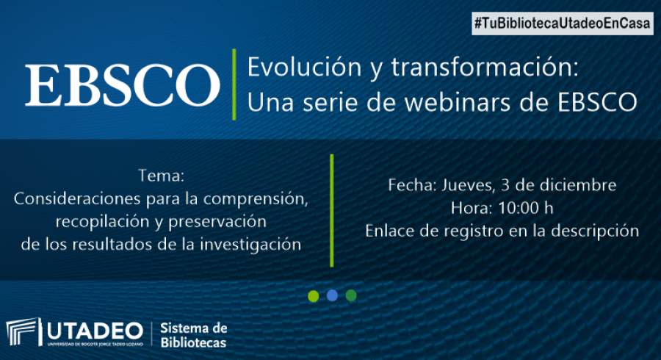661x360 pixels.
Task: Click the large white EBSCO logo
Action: pyautogui.click(x=122, y=84)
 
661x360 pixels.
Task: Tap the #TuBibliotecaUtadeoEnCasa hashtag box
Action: pyautogui.click(x=563, y=24)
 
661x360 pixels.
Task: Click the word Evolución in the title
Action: pyautogui.click(x=304, y=67)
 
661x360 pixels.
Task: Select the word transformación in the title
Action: pyautogui.click(x=485, y=67)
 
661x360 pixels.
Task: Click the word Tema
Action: pyautogui.click(x=161, y=176)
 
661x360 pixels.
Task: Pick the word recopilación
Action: pyautogui.click(x=105, y=221)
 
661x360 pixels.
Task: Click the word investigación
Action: pyautogui.click(x=250, y=245)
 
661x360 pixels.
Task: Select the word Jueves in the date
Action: pyautogui.click(x=467, y=185)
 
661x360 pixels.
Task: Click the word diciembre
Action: pyautogui.click(x=579, y=185)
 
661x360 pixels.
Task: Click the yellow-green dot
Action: pyautogui.click(x=313, y=296)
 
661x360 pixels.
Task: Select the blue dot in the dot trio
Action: pyautogui.click(x=332, y=295)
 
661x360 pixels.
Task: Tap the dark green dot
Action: pyautogui.click(x=351, y=295)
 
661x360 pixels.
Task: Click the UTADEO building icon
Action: pyautogui.click(x=24, y=332)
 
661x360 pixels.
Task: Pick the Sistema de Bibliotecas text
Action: pyautogui.click(x=193, y=335)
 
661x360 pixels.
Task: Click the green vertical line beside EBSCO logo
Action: pyautogui.click(x=234, y=84)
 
